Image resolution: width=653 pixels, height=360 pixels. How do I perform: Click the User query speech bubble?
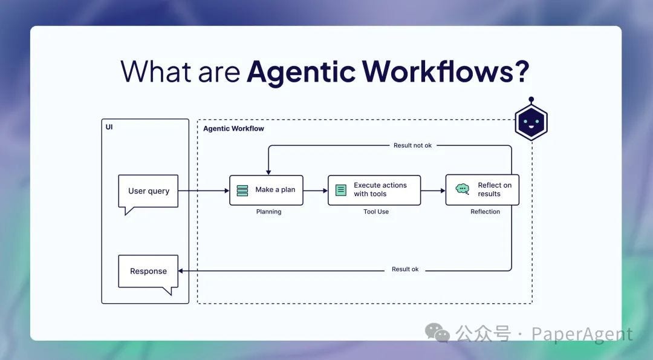[x=148, y=191]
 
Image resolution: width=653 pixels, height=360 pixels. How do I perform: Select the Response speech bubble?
[x=148, y=271]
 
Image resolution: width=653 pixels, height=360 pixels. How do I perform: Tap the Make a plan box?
[x=266, y=190]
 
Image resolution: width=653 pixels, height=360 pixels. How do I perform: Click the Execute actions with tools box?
[x=374, y=190]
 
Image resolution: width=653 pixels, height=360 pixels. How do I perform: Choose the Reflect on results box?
[x=482, y=190]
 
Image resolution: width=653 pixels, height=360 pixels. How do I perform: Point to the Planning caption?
[x=268, y=212]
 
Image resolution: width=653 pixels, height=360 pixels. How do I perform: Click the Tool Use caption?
[x=376, y=212]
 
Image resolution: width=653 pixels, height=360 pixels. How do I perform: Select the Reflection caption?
[x=485, y=212]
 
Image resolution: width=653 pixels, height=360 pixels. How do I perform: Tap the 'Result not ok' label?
[x=412, y=145]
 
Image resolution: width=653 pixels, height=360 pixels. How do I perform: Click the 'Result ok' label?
[x=405, y=269]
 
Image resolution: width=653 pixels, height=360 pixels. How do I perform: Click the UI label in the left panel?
[x=109, y=127]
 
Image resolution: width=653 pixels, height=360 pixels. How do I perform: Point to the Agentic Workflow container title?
[x=233, y=129]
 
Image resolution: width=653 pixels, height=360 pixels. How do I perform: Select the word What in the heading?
[x=157, y=71]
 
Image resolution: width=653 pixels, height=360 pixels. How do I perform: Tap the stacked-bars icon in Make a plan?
[x=242, y=190]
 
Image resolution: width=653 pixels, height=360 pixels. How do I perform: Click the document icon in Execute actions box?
[x=341, y=190]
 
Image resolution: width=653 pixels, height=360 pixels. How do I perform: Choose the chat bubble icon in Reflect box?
[x=463, y=189]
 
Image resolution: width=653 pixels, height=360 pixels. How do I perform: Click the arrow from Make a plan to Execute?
[x=315, y=191]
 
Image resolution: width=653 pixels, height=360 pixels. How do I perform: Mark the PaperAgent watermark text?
[x=582, y=334]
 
